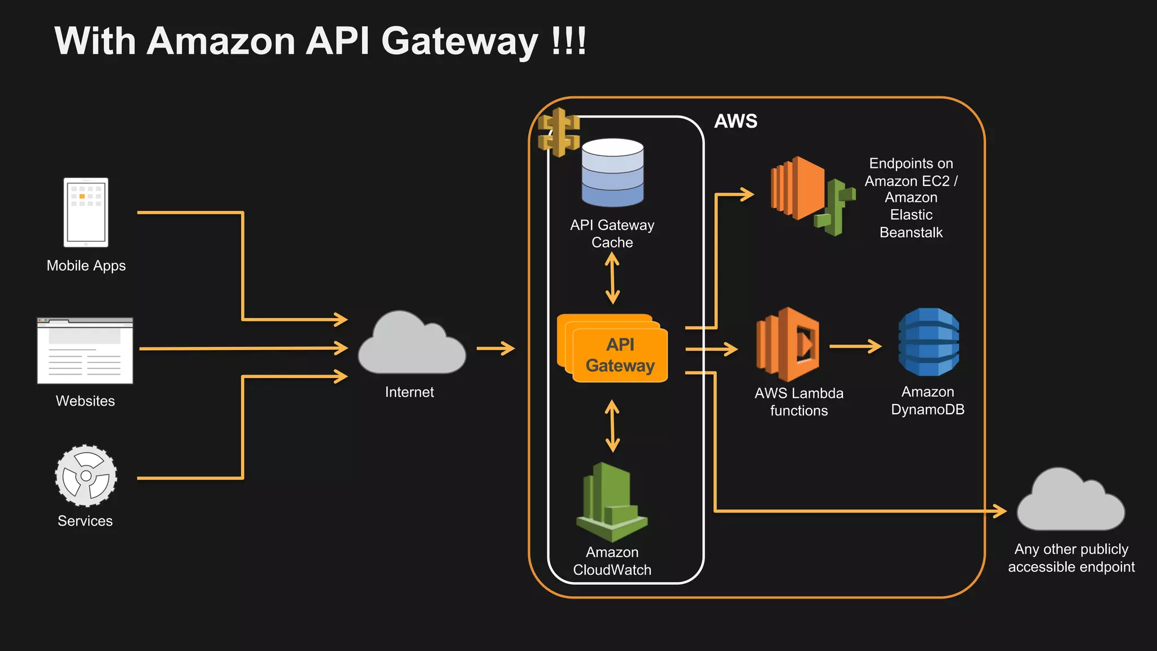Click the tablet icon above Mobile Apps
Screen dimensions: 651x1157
click(86, 212)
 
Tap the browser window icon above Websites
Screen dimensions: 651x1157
click(85, 351)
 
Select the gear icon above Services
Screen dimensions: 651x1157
click(86, 476)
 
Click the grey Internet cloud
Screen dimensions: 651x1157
click(411, 346)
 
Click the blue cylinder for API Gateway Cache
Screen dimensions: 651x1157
click(612, 173)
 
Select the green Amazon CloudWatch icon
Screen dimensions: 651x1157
click(611, 502)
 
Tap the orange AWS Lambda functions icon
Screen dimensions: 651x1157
click(789, 345)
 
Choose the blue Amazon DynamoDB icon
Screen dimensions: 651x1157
click(929, 342)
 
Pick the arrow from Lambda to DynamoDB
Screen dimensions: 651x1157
click(855, 346)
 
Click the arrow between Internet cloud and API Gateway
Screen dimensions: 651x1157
click(495, 348)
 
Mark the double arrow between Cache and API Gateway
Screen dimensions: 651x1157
click(612, 279)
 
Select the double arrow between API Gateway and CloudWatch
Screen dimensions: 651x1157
click(612, 426)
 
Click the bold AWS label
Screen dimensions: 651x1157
click(736, 121)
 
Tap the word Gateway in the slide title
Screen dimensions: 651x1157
click(460, 42)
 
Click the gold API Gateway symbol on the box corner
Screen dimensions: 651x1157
click(559, 132)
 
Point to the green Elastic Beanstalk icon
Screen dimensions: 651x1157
click(835, 207)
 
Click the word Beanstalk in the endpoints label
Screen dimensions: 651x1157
click(911, 232)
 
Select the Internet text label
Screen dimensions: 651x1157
click(409, 392)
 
